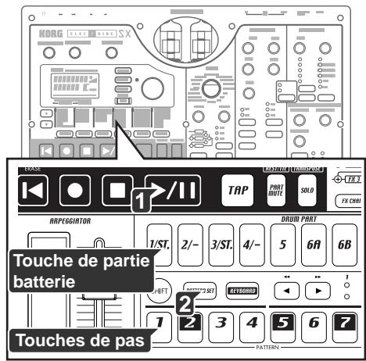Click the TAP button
[x=232, y=189]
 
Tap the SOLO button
[x=307, y=190]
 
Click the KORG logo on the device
[x=45, y=34]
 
